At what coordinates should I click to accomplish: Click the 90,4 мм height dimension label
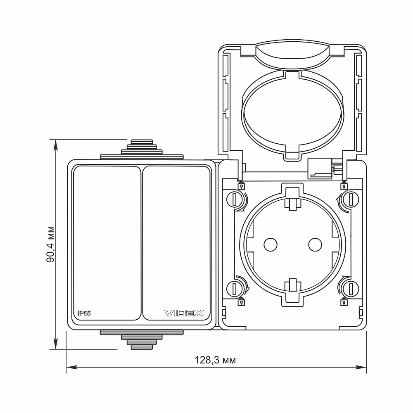(50, 244)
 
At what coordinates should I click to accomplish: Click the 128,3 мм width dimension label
(215, 360)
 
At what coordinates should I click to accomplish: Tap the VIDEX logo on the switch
(184, 313)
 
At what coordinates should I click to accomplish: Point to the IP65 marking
(84, 313)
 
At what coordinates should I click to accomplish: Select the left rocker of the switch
(107, 243)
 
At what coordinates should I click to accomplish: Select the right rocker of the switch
(177, 243)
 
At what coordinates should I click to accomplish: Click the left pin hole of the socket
(271, 244)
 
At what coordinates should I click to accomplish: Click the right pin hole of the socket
(315, 244)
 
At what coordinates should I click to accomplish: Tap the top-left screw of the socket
(234, 199)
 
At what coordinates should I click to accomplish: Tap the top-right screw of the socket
(351, 199)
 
